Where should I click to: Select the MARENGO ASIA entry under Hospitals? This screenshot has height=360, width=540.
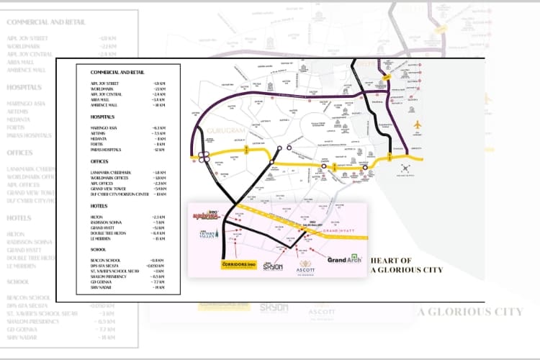[105, 127]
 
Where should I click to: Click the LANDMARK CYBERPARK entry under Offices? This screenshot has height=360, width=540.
[110, 172]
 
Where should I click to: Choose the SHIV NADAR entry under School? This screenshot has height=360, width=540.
[102, 287]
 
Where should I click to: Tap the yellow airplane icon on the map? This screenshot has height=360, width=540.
[417, 125]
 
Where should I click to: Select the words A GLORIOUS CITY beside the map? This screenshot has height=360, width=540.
[406, 271]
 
